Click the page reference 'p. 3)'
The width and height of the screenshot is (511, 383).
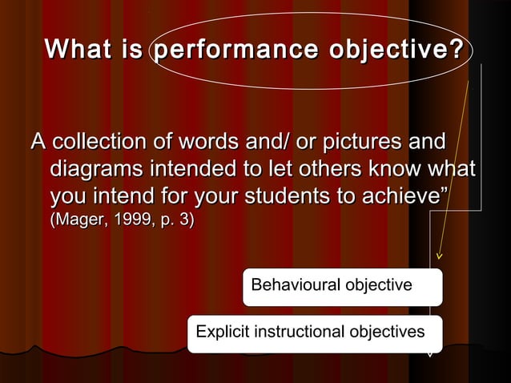172,220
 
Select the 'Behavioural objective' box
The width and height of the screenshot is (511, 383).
342,286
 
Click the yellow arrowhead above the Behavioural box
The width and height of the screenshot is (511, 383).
438,256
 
